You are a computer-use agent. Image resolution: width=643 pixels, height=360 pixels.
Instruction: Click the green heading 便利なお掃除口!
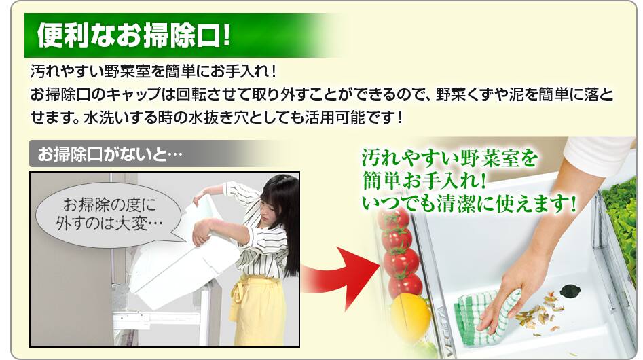pyautogui.click(x=133, y=35)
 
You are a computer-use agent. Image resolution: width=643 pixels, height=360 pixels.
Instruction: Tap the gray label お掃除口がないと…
pyautogui.click(x=110, y=154)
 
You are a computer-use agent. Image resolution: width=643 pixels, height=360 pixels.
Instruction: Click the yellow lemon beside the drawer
pyautogui.click(x=410, y=316)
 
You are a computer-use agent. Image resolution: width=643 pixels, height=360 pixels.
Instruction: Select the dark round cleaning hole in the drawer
pyautogui.click(x=570, y=291)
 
